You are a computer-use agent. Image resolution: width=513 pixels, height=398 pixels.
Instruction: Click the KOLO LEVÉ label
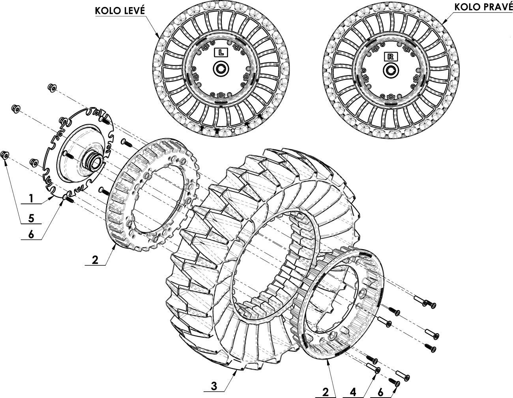120,11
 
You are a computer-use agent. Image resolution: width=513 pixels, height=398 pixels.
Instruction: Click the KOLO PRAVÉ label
483,8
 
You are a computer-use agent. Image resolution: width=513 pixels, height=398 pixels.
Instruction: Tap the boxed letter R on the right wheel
391,56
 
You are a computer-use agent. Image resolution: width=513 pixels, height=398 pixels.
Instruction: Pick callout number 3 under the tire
214,387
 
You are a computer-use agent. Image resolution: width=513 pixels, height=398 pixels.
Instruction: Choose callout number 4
353,392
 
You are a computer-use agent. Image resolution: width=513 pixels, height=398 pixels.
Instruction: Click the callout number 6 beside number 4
380,392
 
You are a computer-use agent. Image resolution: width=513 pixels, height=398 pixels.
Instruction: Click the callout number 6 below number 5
31,235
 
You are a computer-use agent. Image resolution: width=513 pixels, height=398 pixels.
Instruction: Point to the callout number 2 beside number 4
326,392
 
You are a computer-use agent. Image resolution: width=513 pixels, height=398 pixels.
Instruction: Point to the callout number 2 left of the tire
95,260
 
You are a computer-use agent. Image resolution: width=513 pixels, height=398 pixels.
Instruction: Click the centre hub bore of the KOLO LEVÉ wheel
221,69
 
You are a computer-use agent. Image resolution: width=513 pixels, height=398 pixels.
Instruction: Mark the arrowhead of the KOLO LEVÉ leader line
158,36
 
